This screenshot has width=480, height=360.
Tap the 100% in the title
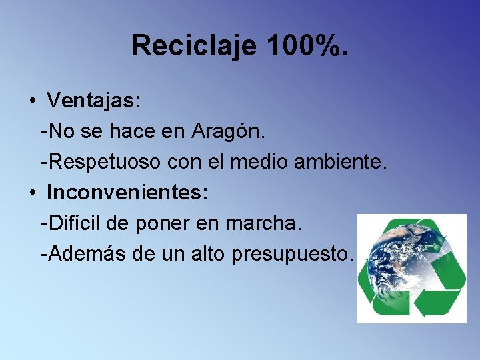pyautogui.click(x=307, y=45)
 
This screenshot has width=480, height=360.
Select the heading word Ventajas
pyautogui.click(x=93, y=101)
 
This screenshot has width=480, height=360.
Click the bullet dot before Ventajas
pyautogui.click(x=32, y=102)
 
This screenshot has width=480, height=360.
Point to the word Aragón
pyautogui.click(x=229, y=131)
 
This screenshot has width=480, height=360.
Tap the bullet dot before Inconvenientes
pyautogui.click(x=32, y=193)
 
